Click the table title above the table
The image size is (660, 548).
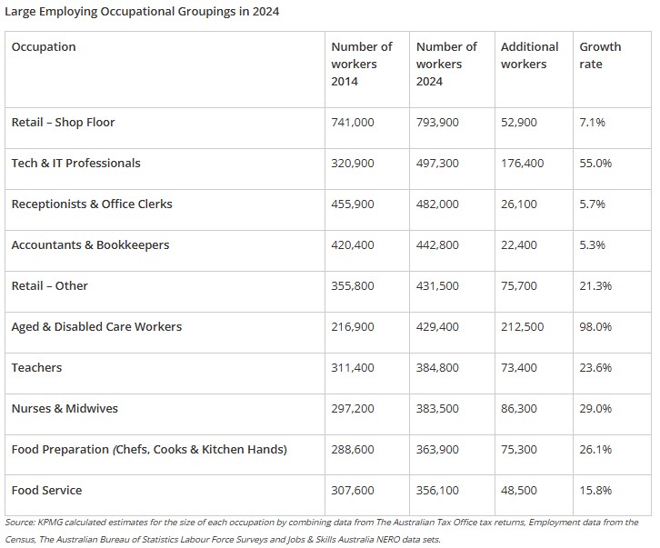pos(142,12)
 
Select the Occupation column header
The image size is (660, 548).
pos(44,46)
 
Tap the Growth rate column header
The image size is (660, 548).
pos(600,55)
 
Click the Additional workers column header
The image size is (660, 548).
pos(529,55)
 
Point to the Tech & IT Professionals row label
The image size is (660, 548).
pos(75,164)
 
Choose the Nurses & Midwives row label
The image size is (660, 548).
pos(65,409)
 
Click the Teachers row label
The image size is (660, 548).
pos(36,368)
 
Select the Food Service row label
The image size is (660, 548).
pos(46,491)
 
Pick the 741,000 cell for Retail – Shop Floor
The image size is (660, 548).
pos(353,123)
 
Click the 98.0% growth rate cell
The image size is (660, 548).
pos(595,327)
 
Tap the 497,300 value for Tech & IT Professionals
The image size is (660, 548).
pos(437,164)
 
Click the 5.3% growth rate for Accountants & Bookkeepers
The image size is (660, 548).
pos(592,245)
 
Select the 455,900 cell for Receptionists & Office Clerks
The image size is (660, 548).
pos(353,204)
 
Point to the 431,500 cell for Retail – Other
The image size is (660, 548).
pos(437,286)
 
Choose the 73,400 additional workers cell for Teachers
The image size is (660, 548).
pos(519,368)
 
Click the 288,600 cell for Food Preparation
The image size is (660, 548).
pos(353,450)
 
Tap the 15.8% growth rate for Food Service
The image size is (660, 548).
pos(595,491)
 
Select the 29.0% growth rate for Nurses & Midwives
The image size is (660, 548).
pos(595,409)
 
